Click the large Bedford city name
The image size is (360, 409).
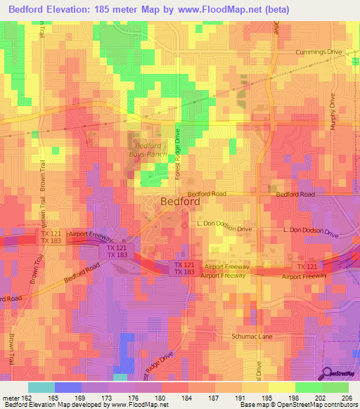click(x=181, y=201)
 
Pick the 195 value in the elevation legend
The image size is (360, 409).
click(x=265, y=398)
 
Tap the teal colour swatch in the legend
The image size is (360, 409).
click(x=41, y=387)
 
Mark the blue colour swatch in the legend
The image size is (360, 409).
click(x=67, y=387)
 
